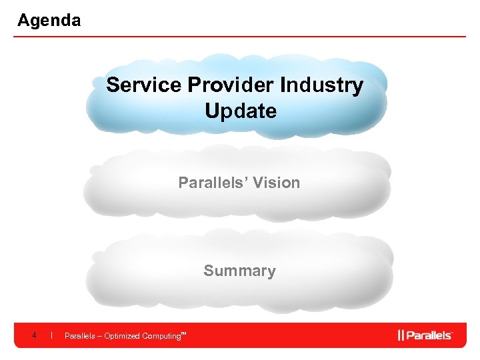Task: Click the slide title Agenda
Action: point(49,21)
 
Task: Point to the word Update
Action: point(241,111)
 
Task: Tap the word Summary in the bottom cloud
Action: point(239,271)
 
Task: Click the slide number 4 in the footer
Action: point(33,335)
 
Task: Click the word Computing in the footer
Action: point(160,336)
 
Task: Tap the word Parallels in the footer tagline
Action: point(78,336)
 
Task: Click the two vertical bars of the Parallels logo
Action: point(401,335)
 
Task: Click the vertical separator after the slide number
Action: point(51,335)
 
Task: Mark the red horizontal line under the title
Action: point(240,37)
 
